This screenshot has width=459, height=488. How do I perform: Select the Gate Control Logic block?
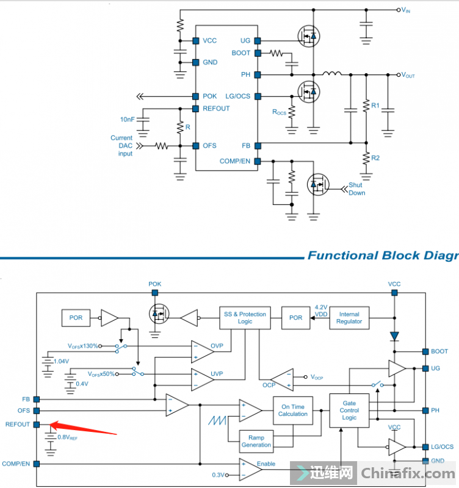point(349,411)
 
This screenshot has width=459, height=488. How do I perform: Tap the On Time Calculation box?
point(293,410)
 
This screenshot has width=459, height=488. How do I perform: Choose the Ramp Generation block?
point(256,441)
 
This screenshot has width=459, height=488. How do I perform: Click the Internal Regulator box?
point(349,318)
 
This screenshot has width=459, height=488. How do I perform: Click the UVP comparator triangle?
point(201,378)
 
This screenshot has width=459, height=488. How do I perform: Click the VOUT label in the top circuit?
point(408,75)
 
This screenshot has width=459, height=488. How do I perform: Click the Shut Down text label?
point(357,189)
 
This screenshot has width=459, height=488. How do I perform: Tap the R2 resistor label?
point(375,158)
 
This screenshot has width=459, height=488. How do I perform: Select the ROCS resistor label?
point(279,112)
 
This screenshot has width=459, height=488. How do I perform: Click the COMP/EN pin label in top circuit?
point(234,162)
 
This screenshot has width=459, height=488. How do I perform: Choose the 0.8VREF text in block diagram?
point(67,437)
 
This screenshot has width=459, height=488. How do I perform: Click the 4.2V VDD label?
point(321,310)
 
